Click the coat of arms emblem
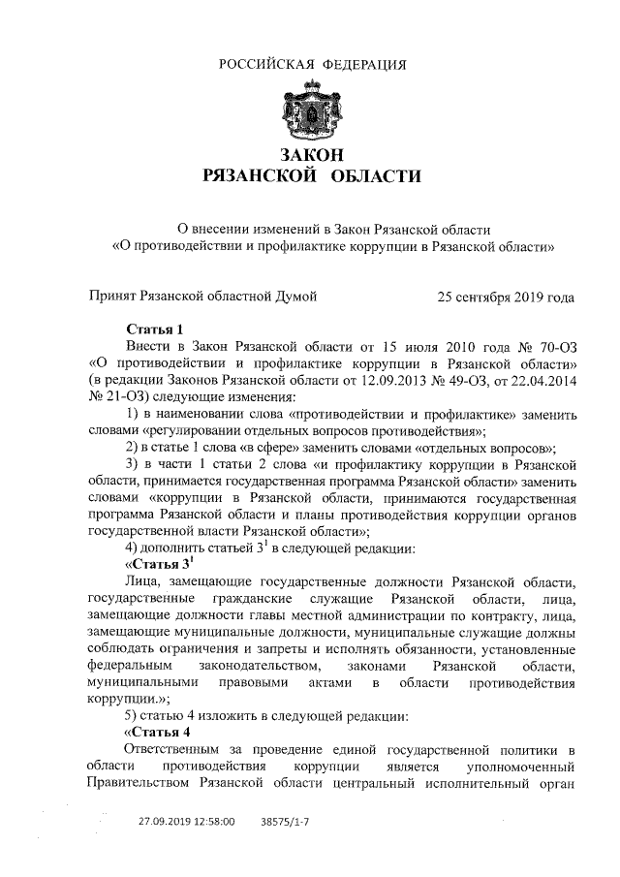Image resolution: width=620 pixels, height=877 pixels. [x=310, y=110]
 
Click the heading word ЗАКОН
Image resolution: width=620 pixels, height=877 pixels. [x=310, y=155]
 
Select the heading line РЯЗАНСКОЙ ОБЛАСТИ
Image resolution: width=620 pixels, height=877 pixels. [x=310, y=176]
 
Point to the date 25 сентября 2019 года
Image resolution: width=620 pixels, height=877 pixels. [x=506, y=296]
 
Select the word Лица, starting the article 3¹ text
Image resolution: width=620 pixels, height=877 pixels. [x=146, y=580]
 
